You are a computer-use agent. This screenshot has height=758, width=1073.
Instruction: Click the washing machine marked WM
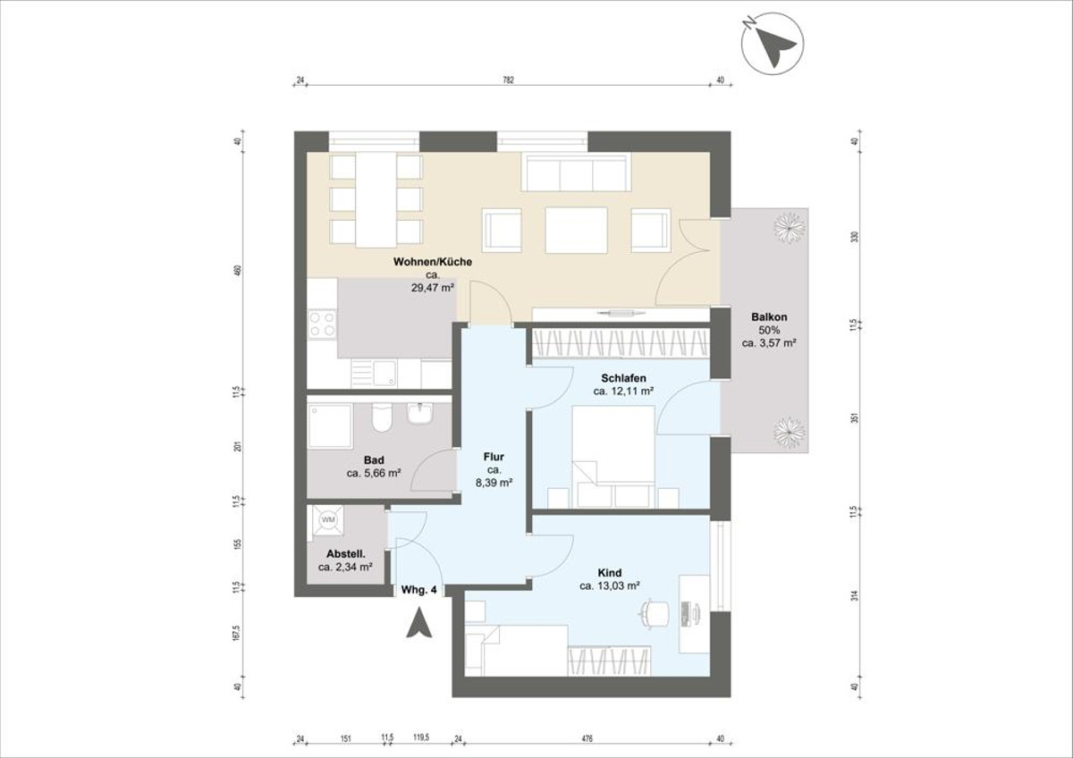[x=327, y=520]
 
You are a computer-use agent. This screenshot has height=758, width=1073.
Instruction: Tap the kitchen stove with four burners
[x=322, y=324]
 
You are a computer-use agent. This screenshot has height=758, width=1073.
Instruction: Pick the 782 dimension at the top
[x=508, y=80]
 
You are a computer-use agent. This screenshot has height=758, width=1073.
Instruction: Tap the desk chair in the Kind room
[x=655, y=613]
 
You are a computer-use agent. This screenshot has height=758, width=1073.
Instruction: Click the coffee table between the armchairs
[x=577, y=230]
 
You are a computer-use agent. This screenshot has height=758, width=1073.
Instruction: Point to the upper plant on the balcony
[x=788, y=229]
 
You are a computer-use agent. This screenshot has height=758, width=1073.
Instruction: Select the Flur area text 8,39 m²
[x=494, y=482]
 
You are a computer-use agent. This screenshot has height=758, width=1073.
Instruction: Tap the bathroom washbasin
[x=418, y=414]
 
